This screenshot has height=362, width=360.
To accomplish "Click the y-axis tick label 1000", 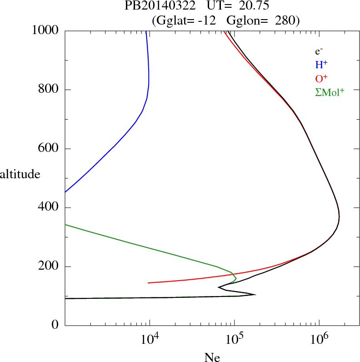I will (45, 30).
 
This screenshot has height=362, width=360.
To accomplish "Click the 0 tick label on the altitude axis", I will (55, 326).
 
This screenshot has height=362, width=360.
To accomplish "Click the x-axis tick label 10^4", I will (150, 340).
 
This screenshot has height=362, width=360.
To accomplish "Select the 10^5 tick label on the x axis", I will (235, 340).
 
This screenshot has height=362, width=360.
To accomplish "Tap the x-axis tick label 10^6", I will (320, 340).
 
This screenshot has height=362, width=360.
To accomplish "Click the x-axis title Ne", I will (212, 357).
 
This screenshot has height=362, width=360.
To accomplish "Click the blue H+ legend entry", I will (321, 65).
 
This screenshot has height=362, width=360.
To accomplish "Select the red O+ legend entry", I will (321, 78).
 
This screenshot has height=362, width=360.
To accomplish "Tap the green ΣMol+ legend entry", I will (330, 92).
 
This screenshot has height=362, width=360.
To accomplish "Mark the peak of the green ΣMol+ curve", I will (236, 277).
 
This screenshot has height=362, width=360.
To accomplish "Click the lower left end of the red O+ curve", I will (149, 282).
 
